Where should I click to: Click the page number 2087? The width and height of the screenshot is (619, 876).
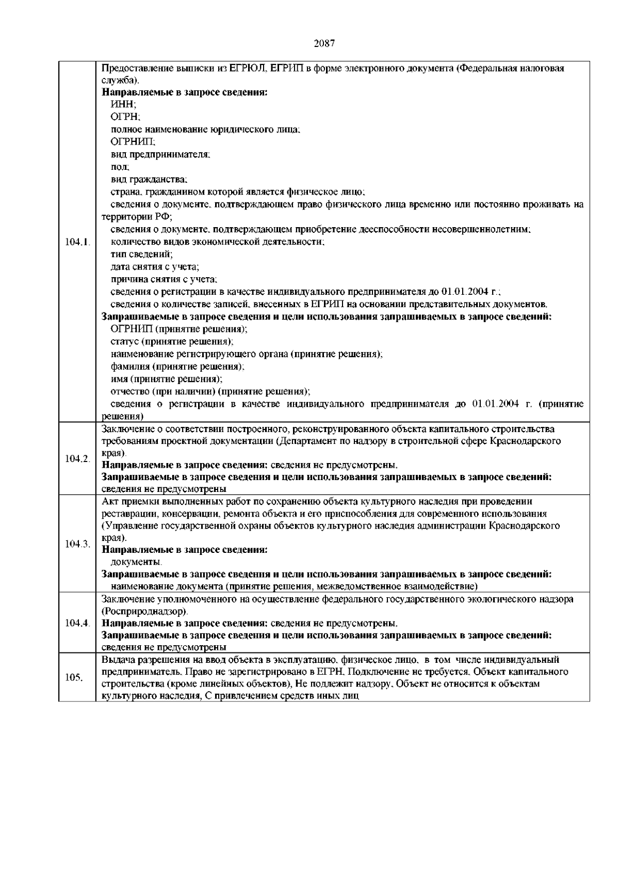(325, 43)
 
